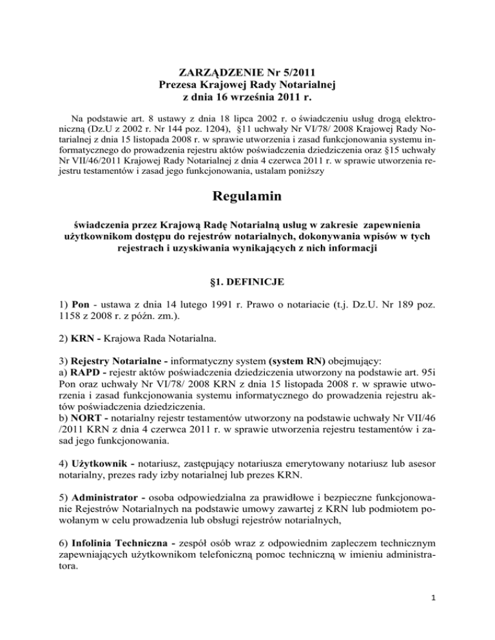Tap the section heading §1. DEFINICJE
247,297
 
